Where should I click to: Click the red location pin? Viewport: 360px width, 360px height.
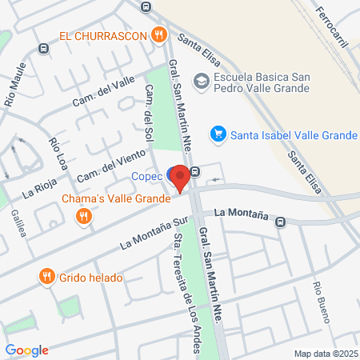pyautogui.click(x=180, y=178)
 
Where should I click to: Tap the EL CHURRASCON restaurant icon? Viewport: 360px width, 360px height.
pyautogui.click(x=160, y=34)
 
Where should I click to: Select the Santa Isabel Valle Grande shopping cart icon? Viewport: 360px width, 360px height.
pyautogui.click(x=217, y=134)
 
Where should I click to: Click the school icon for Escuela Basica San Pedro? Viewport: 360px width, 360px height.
pyautogui.click(x=201, y=81)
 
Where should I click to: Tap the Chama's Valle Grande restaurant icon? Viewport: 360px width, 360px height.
pyautogui.click(x=82, y=215)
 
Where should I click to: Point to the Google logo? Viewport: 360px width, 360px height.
pyautogui.click(x=26, y=350)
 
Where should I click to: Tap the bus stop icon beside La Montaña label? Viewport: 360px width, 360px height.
pyautogui.click(x=280, y=222)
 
